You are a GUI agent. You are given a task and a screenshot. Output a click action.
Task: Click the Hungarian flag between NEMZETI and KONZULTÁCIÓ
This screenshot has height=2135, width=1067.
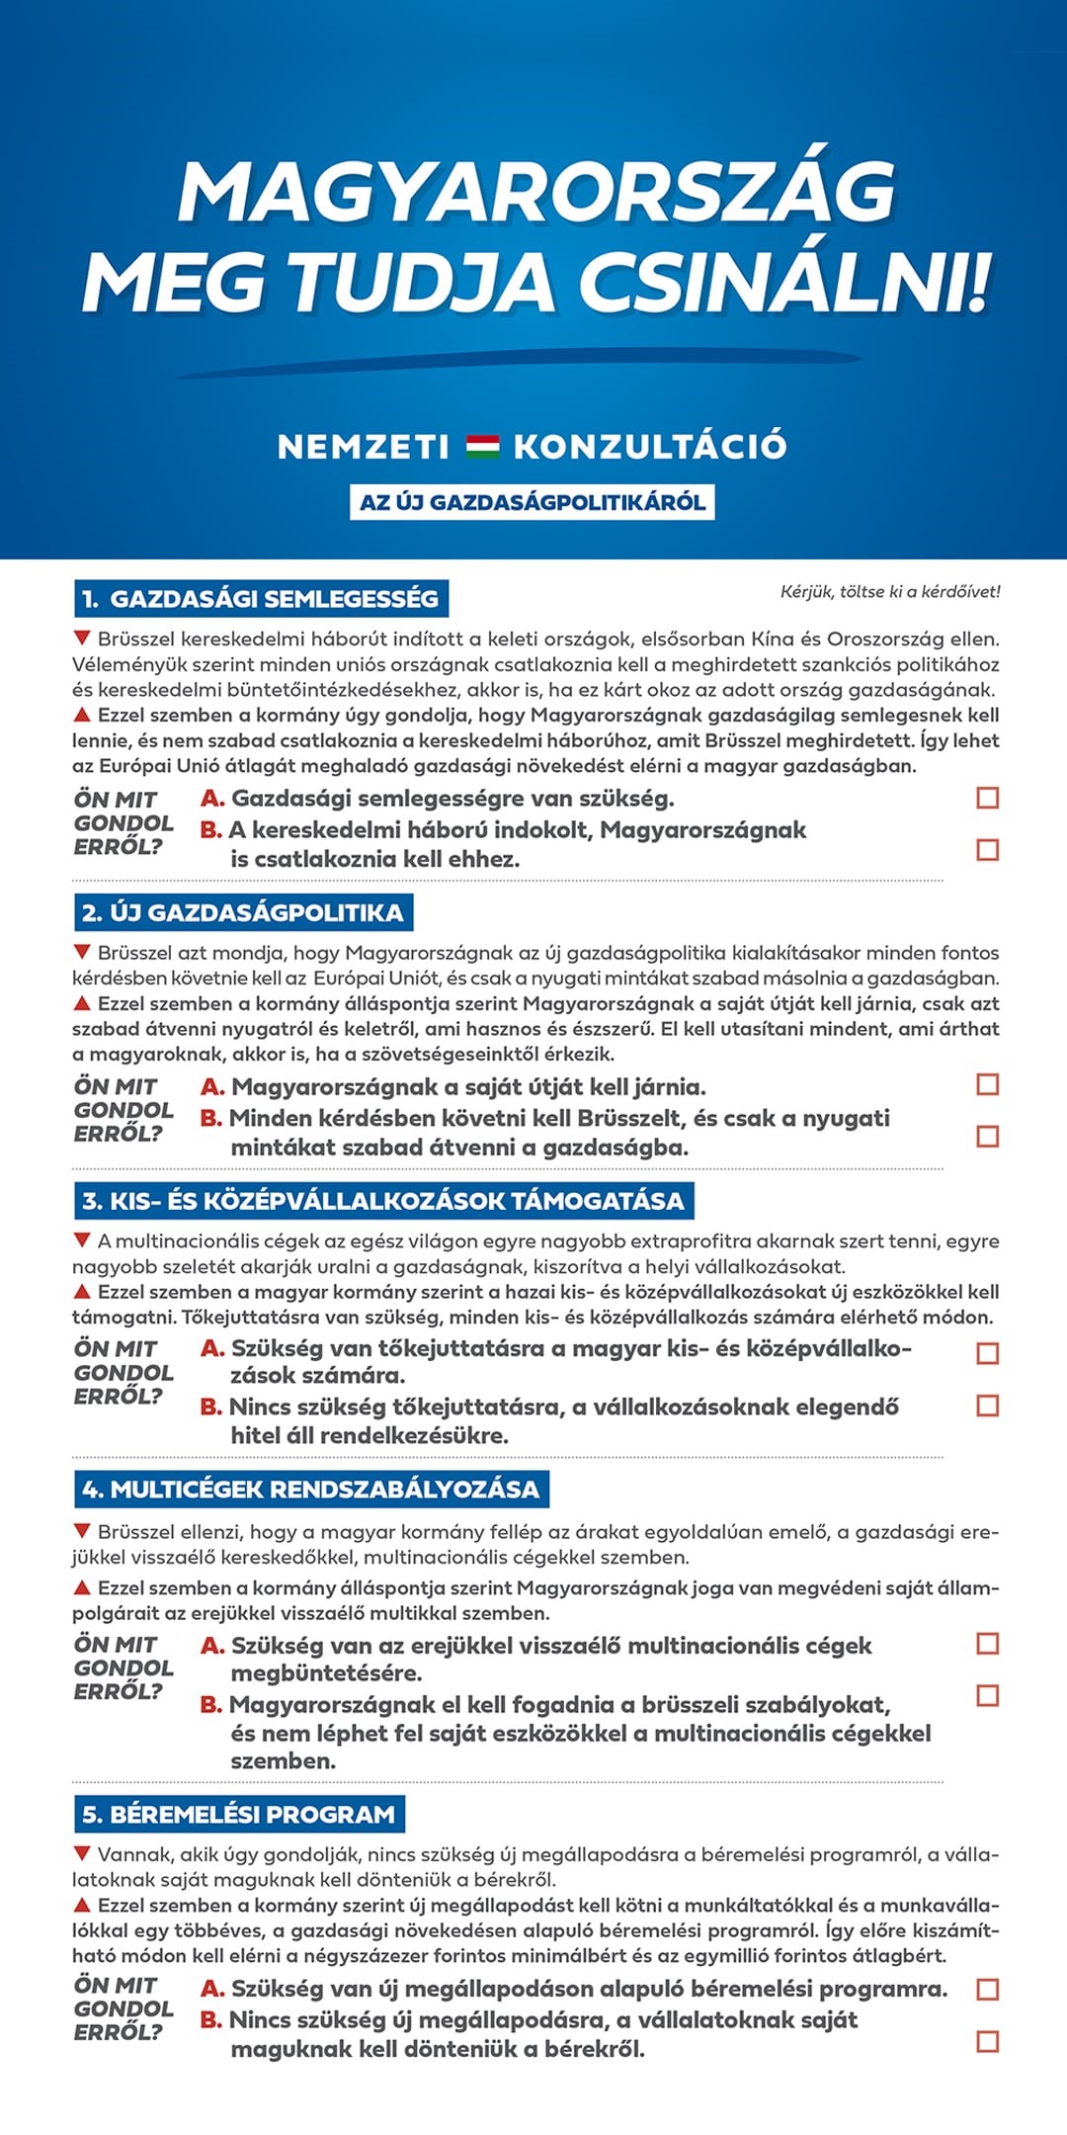pyautogui.click(x=482, y=446)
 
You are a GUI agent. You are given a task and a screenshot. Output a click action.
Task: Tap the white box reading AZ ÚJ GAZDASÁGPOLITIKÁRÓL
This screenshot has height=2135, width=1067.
pyautogui.click(x=532, y=502)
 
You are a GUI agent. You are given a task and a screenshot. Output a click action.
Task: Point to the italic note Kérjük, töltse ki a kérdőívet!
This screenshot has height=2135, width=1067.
pyautogui.click(x=889, y=592)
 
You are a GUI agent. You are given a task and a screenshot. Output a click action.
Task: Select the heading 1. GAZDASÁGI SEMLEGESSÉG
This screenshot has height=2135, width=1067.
pyautogui.click(x=262, y=599)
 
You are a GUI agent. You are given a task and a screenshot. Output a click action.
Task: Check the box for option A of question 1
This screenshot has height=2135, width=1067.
pyautogui.click(x=987, y=798)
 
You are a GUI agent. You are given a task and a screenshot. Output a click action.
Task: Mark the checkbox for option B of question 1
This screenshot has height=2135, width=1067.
pyautogui.click(x=987, y=849)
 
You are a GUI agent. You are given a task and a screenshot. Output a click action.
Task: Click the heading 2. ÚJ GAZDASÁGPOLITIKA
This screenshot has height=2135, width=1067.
pyautogui.click(x=244, y=912)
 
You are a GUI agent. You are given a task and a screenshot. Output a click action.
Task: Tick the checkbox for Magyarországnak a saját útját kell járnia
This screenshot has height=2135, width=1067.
pyautogui.click(x=987, y=1084)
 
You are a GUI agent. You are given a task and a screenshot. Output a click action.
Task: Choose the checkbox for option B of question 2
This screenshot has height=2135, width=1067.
pyautogui.click(x=987, y=1136)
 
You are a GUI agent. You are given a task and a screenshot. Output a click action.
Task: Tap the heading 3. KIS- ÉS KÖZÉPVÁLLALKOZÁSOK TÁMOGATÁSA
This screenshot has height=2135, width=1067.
pyautogui.click(x=383, y=1201)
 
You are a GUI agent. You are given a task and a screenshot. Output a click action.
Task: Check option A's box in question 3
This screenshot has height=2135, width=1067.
pyautogui.click(x=987, y=1353)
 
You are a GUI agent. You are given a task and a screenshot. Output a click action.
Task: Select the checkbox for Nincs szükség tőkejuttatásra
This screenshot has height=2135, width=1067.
pyautogui.click(x=987, y=1405)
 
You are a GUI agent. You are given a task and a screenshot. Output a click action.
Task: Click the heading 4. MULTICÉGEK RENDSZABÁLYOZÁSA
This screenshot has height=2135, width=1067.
pyautogui.click(x=311, y=1490)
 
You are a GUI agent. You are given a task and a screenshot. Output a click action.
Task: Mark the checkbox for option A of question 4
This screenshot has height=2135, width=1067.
pyautogui.click(x=987, y=1643)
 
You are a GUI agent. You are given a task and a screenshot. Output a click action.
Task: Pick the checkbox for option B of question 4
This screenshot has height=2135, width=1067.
pyautogui.click(x=987, y=1695)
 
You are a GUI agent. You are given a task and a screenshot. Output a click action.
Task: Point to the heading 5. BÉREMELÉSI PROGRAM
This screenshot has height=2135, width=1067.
pyautogui.click(x=239, y=1815)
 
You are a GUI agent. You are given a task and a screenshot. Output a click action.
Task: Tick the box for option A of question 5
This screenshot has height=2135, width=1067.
pyautogui.click(x=987, y=1989)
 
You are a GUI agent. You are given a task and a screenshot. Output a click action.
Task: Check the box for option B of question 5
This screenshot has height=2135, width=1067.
pyautogui.click(x=987, y=2041)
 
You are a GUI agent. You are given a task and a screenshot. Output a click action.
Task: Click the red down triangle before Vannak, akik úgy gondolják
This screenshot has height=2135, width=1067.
pyautogui.click(x=83, y=1853)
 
